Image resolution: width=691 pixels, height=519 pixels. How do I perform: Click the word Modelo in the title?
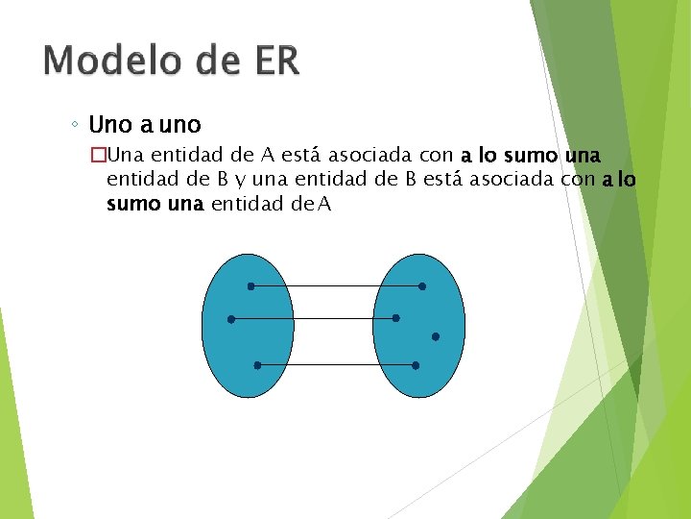point(113,61)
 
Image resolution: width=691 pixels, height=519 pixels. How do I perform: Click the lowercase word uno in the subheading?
point(179,125)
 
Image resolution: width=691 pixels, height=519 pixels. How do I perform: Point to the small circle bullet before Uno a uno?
point(76,126)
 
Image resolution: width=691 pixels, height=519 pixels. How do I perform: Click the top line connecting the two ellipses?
point(336,286)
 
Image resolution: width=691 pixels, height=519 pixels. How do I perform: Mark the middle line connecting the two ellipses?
point(314,318)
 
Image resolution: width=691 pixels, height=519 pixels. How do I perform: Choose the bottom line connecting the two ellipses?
point(336,365)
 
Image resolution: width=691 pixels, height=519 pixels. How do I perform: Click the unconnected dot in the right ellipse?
point(436,336)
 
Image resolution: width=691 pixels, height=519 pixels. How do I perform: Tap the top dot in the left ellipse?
point(250,286)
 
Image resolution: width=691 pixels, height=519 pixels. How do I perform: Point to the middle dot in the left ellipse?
point(231,318)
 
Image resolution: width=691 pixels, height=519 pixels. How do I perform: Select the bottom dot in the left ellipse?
point(257,365)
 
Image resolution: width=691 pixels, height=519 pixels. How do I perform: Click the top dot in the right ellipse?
point(422,286)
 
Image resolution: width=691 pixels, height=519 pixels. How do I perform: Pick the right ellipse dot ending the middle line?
point(396,318)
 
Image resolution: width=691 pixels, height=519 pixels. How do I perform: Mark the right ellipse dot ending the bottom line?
point(416,365)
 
